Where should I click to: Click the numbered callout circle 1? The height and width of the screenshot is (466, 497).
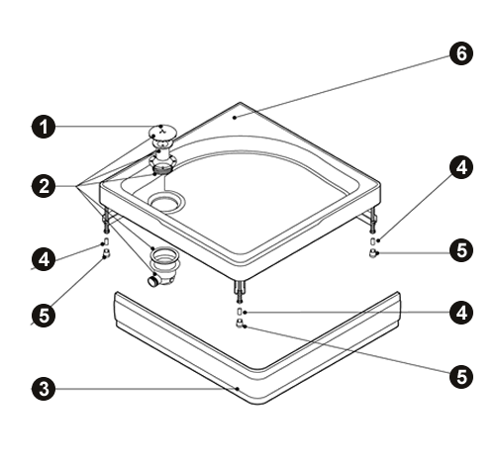tap(44, 127)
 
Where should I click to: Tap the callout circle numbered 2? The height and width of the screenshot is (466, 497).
tap(44, 186)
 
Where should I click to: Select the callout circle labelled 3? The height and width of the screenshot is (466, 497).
tap(44, 389)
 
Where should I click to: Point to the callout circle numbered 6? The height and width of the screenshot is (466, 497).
tap(461, 53)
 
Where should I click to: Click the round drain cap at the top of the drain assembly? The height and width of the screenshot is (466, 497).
tap(162, 133)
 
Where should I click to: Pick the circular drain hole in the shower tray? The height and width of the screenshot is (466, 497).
tap(166, 202)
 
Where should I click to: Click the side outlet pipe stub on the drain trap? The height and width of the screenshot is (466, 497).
tap(153, 281)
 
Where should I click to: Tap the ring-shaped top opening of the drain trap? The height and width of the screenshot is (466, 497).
tap(164, 255)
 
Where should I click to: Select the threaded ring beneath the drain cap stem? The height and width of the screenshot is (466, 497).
tap(163, 170)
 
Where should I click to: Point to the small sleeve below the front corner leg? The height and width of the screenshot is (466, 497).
tap(240, 312)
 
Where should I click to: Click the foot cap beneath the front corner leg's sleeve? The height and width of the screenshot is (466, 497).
tap(240, 324)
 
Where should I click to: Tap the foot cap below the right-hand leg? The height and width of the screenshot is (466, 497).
tap(373, 253)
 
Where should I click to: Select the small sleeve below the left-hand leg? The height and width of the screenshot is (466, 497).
tap(107, 241)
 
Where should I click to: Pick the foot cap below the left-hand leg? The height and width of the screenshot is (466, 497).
tap(106, 253)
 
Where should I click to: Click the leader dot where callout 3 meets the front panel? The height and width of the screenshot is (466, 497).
tap(238, 389)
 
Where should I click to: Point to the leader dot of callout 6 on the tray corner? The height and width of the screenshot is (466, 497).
tap(235, 117)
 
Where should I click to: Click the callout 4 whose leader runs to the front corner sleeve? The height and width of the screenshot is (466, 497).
tap(461, 313)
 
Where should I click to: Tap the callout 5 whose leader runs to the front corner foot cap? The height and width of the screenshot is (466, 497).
tap(461, 376)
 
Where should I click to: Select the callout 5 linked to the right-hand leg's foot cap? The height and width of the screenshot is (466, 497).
tap(461, 250)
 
